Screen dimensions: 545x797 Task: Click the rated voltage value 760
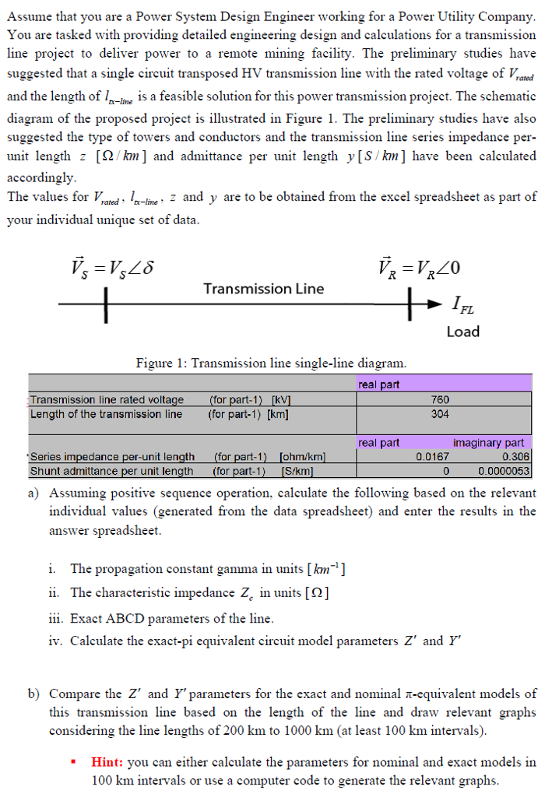pos(440,400)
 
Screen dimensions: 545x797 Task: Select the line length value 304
pos(440,413)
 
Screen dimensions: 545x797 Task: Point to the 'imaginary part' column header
pos(488,443)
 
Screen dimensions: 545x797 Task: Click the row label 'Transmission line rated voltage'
pos(107,400)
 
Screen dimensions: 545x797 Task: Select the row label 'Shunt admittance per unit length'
pos(111,471)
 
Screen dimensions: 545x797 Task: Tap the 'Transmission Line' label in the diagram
pos(263,289)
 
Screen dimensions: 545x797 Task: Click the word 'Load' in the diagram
pos(462,332)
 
